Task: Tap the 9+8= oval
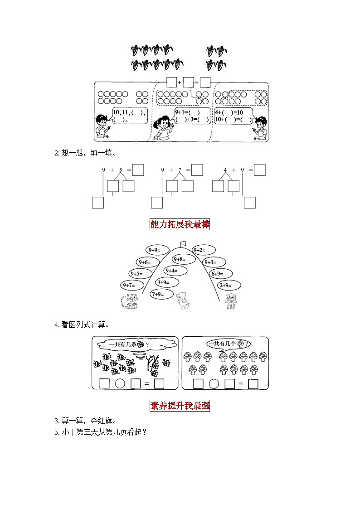[184, 259]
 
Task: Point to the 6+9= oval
[220, 274]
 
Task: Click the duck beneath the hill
[182, 300]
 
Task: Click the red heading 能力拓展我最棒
[180, 224]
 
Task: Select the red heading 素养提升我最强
[180, 405]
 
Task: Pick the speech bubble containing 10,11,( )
[130, 116]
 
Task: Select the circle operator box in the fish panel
[120, 383]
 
